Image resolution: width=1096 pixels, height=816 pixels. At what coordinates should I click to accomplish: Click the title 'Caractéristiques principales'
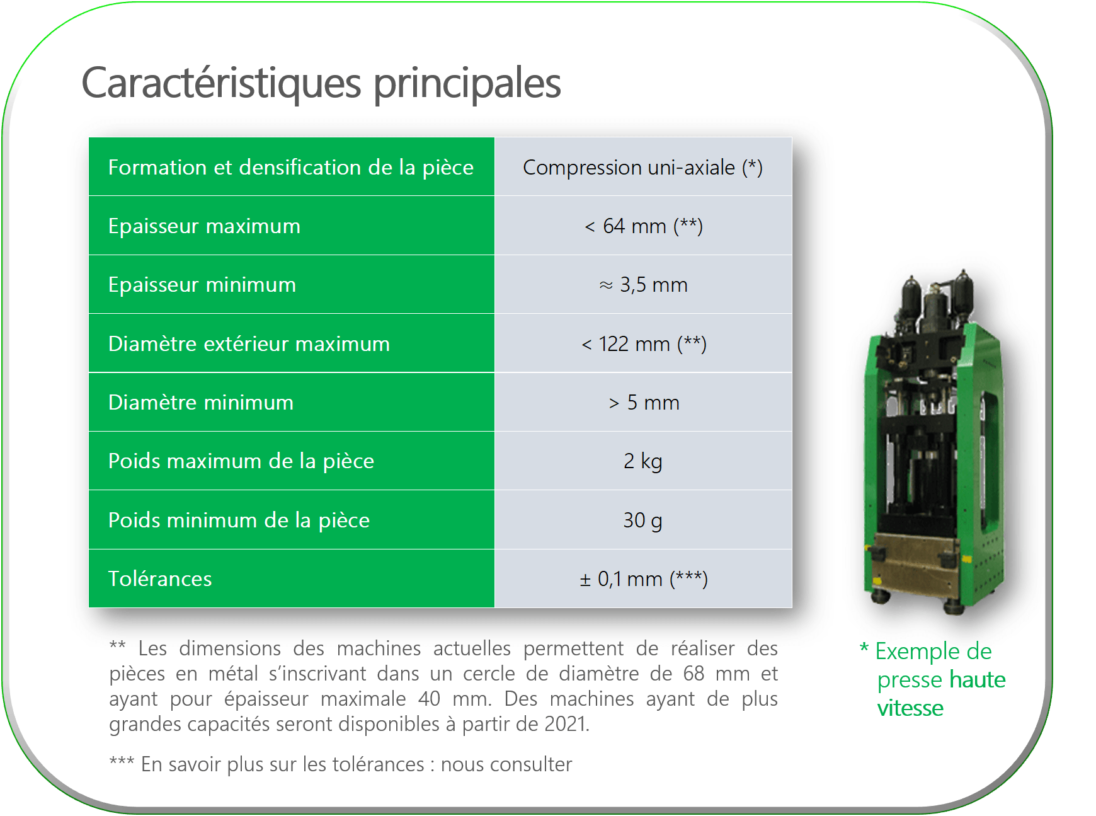(321, 84)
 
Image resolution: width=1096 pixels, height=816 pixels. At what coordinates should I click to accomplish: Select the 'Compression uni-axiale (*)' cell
(642, 167)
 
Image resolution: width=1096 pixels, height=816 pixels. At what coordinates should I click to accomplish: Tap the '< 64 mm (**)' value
(643, 226)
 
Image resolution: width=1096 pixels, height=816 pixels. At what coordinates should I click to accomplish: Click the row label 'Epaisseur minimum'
(202, 285)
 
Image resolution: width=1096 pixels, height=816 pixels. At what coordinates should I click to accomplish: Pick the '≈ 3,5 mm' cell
(643, 285)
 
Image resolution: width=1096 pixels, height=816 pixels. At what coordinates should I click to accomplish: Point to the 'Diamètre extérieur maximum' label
(249, 343)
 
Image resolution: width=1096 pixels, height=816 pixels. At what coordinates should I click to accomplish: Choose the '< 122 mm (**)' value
(644, 344)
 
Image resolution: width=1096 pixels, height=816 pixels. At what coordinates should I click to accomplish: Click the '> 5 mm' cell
(644, 403)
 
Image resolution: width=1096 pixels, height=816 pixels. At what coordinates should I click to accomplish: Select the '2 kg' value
(643, 461)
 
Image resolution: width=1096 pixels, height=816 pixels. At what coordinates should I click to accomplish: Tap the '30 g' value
(643, 520)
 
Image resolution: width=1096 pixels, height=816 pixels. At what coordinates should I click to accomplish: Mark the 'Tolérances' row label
(160, 578)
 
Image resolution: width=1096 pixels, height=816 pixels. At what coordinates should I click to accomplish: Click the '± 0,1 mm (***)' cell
(644, 578)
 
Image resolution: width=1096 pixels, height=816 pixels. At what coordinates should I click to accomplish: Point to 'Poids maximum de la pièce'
(241, 461)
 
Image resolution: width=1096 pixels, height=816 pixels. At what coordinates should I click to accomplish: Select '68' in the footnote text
(694, 674)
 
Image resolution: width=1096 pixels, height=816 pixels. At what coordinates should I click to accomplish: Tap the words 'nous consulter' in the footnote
(506, 764)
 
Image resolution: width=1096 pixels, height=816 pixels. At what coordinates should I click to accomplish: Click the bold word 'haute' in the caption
(978, 680)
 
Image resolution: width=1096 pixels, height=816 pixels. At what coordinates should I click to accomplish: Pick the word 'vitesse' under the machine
(910, 708)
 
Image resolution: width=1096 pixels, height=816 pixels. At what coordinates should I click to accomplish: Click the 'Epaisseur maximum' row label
(204, 226)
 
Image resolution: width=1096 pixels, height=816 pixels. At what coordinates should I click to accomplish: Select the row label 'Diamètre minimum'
(201, 403)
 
